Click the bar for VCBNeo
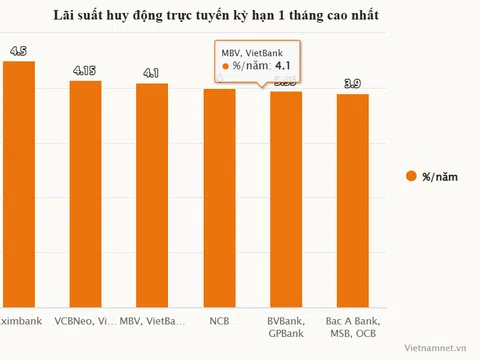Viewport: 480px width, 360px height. click(85, 194)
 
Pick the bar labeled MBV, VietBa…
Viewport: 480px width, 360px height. click(152, 195)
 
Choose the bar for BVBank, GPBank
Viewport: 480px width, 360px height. click(286, 199)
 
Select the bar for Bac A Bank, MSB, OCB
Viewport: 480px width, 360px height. click(353, 200)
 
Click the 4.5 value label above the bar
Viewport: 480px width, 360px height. click(20, 51)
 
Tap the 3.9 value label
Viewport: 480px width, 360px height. click(353, 83)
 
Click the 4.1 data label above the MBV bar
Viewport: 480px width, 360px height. click(152, 73)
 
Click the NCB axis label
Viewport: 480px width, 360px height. click(219, 321)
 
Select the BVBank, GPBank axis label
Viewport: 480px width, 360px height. click(286, 327)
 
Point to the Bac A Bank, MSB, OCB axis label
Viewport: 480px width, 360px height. click(353, 327)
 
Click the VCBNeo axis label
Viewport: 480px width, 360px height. click(85, 321)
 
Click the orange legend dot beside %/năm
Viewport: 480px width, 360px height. click(410, 177)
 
